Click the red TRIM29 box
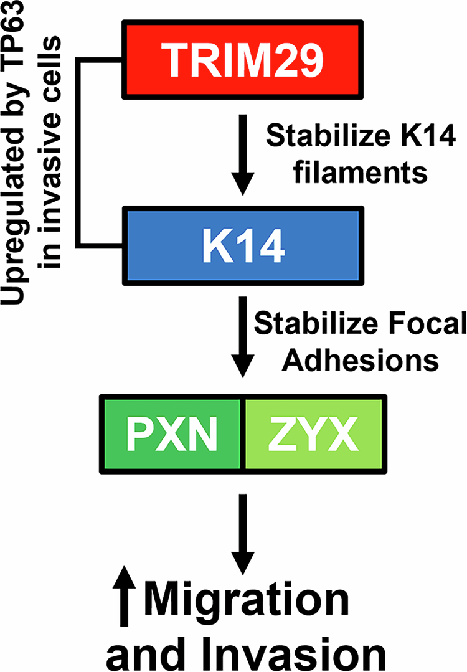click(x=244, y=57)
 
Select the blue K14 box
click(x=244, y=245)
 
